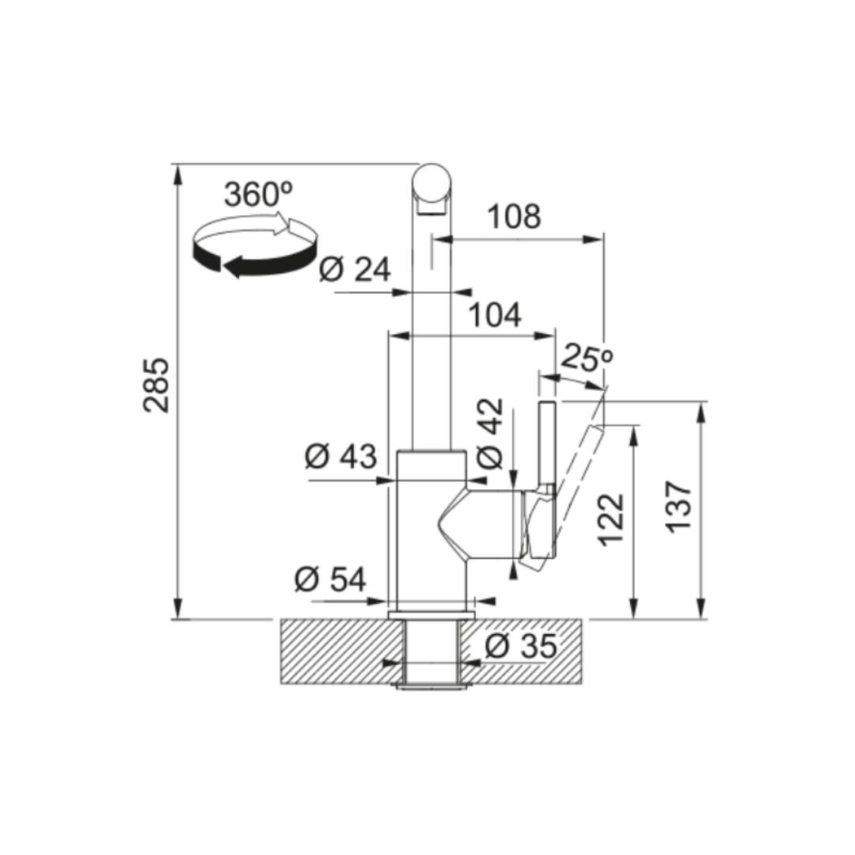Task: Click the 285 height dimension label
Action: [x=157, y=385]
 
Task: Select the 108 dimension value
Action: [x=515, y=216]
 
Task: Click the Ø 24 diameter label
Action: [x=355, y=269]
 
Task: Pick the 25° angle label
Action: [x=586, y=359]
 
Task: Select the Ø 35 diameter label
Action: [x=521, y=646]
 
